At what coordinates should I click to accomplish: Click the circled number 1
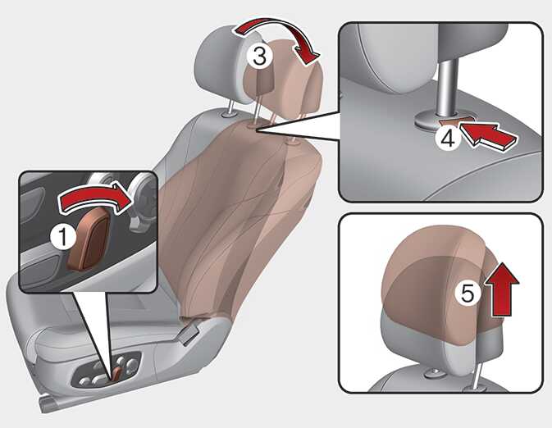(63, 237)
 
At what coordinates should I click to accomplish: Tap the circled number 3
(259, 57)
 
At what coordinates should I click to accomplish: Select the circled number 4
(448, 139)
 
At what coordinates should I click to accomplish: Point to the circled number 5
(468, 293)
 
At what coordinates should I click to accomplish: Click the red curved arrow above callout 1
(95, 197)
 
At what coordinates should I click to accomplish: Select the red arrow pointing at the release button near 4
(490, 137)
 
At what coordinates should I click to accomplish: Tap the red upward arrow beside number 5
(501, 289)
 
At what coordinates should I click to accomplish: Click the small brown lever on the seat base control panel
(116, 373)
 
